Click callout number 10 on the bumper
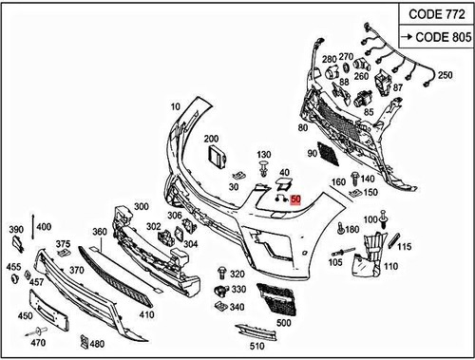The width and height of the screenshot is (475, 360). [x=176, y=106]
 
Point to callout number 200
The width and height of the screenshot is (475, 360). [x=211, y=139]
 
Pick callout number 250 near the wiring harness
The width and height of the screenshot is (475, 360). [x=444, y=73]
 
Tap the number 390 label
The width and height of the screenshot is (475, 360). [x=15, y=230]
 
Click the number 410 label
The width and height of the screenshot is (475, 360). [x=146, y=314]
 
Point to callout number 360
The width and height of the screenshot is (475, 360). [x=99, y=232]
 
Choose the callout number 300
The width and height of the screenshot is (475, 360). [x=142, y=207]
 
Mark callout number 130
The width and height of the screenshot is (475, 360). [x=264, y=154]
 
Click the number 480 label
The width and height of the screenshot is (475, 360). [x=97, y=343]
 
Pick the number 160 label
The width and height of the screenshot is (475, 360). [x=337, y=182]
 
